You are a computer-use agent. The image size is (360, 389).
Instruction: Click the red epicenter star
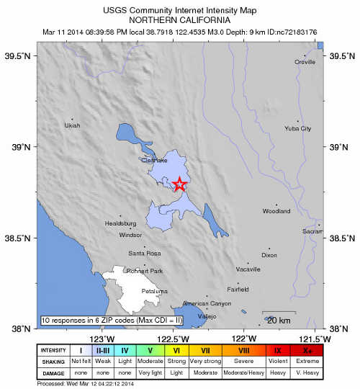pos(180,184)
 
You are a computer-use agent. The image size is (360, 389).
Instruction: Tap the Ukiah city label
pos(72,125)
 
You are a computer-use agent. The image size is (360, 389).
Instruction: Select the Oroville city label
pos(305,63)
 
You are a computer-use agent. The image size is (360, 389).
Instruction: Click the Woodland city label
pos(276,211)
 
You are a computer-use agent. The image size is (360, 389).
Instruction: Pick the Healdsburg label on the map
pos(121,223)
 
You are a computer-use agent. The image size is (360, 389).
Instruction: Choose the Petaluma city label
pos(154,291)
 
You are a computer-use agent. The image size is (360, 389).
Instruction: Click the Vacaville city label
pos(248,269)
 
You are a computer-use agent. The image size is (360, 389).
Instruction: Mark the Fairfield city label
pos(238,289)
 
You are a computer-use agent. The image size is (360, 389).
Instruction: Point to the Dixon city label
pos(269,255)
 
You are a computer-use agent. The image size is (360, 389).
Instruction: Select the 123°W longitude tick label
pos(101,339)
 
